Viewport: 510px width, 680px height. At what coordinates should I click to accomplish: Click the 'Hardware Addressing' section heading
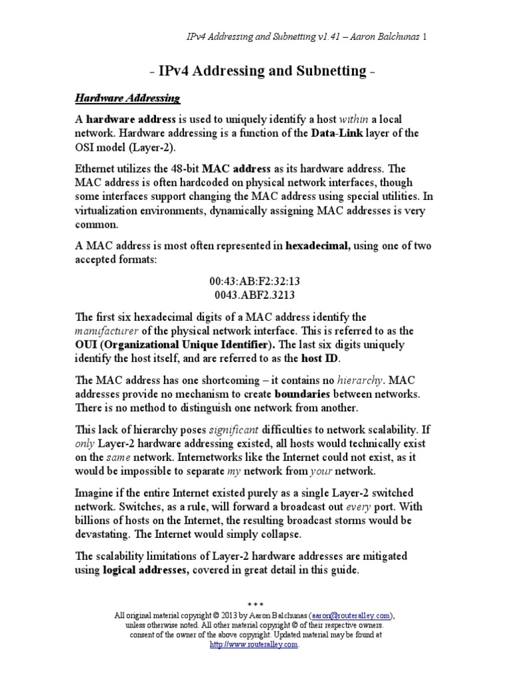click(x=127, y=98)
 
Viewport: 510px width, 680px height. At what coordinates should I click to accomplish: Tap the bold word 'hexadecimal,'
click(x=316, y=246)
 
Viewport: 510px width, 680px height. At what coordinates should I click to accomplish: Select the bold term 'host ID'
click(x=319, y=359)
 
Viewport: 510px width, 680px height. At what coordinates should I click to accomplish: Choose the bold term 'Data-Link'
click(x=334, y=133)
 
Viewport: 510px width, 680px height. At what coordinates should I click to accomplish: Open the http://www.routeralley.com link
click(x=254, y=644)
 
